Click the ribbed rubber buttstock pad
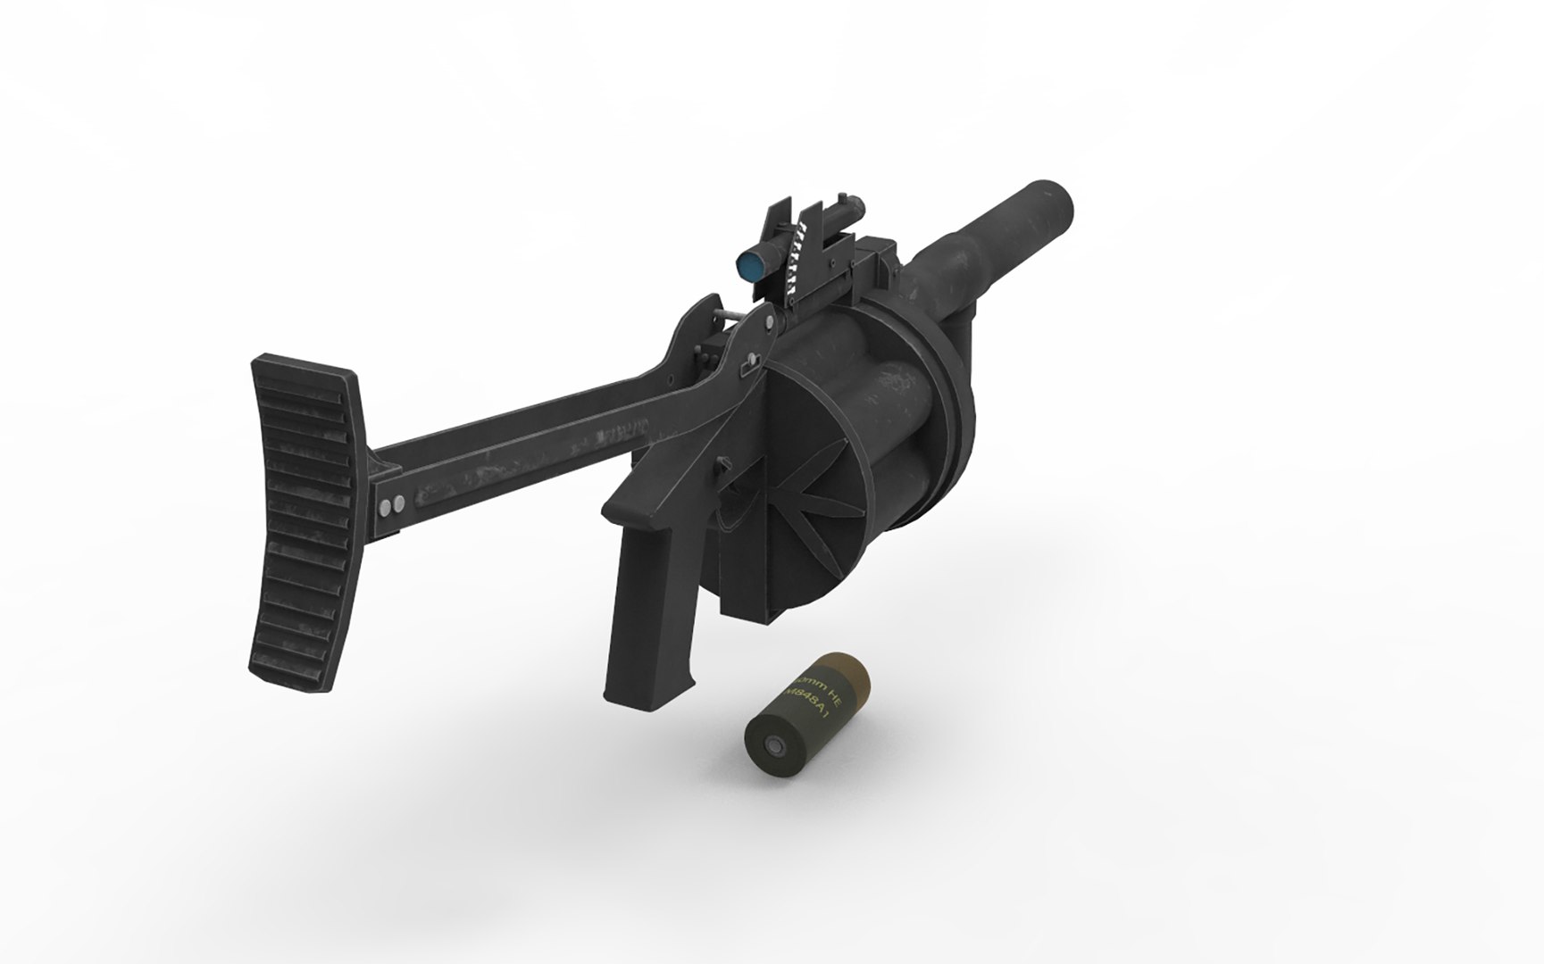click(x=302, y=526)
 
